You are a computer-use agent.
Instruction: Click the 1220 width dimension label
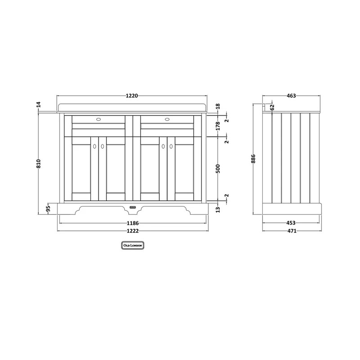[132, 95]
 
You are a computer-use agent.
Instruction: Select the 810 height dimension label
[39, 164]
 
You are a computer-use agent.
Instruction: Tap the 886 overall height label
[253, 159]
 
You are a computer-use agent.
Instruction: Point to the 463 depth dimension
[291, 95]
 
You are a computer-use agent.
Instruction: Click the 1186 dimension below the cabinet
[133, 223]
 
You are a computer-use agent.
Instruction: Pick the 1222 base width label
[133, 231]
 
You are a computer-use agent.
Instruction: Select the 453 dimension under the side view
[291, 223]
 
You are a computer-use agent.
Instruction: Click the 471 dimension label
[292, 231]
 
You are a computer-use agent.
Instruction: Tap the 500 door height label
[218, 169]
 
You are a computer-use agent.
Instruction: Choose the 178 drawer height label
[218, 126]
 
